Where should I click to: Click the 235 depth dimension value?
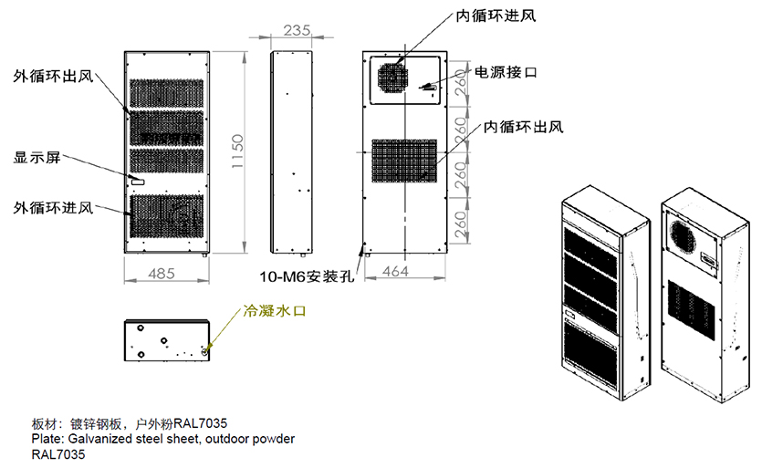pos(293,31)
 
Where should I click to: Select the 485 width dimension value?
pos(162,272)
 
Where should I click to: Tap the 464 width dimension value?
pos(396,271)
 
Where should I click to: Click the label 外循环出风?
pos(54,76)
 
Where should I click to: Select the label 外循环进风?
pos(54,207)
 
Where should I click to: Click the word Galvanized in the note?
pos(99,439)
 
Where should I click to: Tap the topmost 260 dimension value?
pos(462,84)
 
